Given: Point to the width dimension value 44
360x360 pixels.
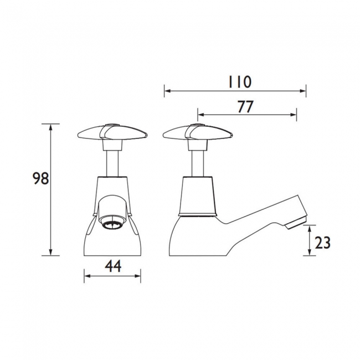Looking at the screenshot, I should click(112, 267).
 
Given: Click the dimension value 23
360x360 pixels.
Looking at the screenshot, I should click(322, 241).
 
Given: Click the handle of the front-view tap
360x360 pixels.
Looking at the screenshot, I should click(112, 133).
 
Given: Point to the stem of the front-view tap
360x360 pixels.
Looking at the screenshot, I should click(112, 161).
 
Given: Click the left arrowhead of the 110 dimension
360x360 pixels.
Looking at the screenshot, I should click(166, 90).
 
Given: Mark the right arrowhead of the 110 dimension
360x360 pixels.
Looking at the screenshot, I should click(304, 90).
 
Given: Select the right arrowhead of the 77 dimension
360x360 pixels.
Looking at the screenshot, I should click(295, 115).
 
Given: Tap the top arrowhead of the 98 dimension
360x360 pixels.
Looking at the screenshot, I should click(52, 126).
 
